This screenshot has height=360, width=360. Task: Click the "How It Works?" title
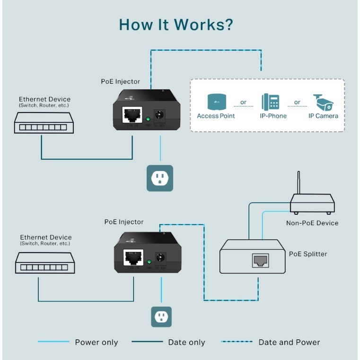pos(176,25)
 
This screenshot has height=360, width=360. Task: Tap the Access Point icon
pos(216,102)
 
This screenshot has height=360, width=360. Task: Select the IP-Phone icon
pos(270,102)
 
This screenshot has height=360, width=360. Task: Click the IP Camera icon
pos(324,102)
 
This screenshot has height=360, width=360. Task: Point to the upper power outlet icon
pos(160,178)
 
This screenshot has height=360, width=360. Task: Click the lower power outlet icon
pos(161,316)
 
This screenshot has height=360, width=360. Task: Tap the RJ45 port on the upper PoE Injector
pos(132,114)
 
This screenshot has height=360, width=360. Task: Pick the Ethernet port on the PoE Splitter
pos(260,261)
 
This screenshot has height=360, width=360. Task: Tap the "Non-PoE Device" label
pos(312,223)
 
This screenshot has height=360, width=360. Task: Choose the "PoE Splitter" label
pos(308,254)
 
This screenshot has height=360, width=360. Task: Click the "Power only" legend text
pos(97,342)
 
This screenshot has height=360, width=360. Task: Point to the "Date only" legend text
pos(186,342)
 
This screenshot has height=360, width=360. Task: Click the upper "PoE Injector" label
pos(121,82)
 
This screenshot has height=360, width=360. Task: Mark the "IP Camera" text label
pos(324,116)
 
